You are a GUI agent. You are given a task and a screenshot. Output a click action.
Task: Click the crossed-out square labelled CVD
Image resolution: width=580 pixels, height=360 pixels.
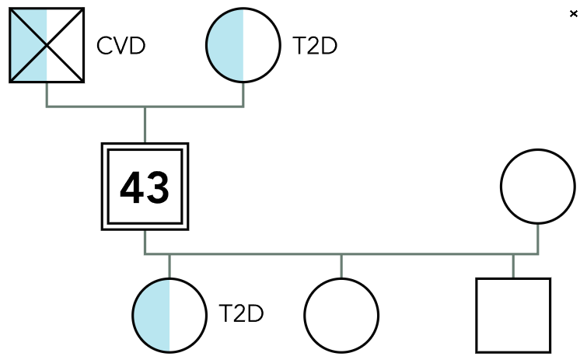tap(47, 45)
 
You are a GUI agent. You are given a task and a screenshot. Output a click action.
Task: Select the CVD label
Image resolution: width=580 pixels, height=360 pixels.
tap(121, 46)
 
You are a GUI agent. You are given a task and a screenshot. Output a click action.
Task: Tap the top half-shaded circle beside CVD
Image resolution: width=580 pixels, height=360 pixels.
tap(243, 45)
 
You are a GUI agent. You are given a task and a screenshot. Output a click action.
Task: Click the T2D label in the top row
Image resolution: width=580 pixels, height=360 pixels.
tap(315, 46)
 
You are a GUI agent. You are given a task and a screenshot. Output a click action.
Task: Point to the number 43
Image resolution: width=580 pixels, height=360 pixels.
tap(145, 187)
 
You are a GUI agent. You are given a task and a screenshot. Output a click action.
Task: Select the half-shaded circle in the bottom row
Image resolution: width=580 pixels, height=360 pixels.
tap(169, 315)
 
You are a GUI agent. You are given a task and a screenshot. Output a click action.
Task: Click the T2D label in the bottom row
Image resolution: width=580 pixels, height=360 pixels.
tap(242, 315)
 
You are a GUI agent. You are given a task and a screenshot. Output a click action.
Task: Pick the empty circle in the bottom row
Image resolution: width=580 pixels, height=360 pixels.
tap(341, 315)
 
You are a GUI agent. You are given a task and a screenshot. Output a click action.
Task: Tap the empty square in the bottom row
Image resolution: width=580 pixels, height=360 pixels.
tap(513, 315)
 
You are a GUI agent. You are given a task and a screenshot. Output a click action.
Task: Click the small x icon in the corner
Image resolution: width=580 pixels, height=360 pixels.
tap(574, 14)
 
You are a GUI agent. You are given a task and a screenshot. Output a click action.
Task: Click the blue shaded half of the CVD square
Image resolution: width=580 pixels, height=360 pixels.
tap(29, 45)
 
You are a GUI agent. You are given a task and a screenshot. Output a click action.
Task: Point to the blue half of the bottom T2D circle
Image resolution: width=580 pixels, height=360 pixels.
tap(152, 315)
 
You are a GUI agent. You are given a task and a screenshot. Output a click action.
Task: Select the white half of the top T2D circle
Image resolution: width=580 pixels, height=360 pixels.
tap(261, 45)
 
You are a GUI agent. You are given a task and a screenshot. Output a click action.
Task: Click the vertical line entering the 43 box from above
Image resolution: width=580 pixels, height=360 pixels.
tap(145, 124)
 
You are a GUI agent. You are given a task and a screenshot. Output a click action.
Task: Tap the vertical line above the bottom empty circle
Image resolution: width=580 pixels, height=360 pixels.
tap(341, 265)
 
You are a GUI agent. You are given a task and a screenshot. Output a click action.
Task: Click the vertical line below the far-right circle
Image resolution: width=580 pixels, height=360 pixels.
tap(537, 238)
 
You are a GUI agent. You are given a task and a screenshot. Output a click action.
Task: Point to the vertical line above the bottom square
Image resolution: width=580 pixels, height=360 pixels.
tap(513, 265)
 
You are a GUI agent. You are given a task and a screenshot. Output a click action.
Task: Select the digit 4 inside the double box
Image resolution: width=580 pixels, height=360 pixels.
tap(131, 187)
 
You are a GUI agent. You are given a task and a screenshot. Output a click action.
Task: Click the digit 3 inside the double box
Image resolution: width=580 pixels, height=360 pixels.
tap(158, 187)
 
